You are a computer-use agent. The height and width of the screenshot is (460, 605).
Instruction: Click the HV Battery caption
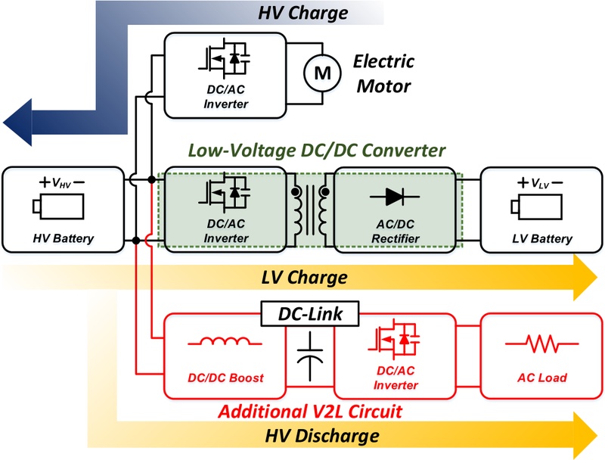tap(64, 238)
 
